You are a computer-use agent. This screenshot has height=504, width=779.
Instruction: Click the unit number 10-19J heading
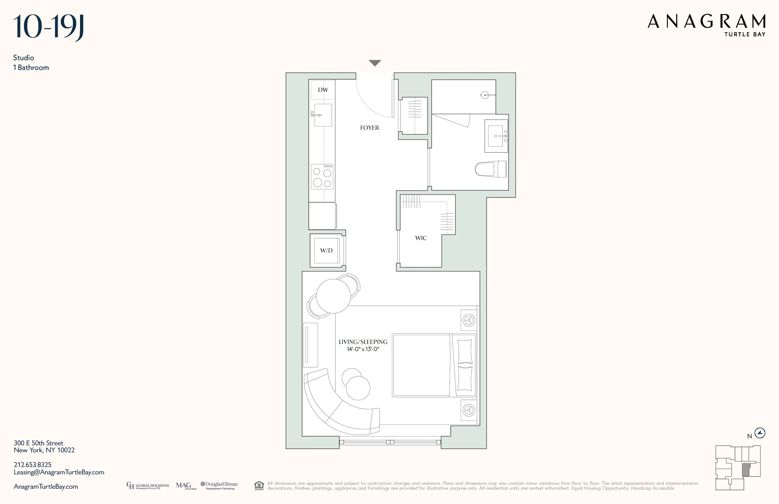pos(49,27)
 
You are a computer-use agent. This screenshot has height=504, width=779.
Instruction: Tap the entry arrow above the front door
pos(375,63)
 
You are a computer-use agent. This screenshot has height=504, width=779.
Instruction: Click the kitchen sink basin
pos(323,115)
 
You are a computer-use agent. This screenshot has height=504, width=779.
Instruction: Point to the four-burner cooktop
pos(322,177)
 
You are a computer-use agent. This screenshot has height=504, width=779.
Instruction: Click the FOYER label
pos(370,128)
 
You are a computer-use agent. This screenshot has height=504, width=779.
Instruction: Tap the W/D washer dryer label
pos(326,251)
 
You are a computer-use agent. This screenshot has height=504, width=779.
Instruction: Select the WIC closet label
pos(421,238)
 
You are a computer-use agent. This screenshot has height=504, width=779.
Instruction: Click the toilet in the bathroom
pos(491,169)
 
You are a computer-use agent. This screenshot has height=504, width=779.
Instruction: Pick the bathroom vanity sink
pos(496,136)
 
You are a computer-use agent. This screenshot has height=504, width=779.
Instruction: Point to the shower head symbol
pos(485,95)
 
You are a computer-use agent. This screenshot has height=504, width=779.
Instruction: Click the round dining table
pos(333,296)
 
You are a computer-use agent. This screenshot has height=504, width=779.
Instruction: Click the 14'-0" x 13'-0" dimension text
pos(363,349)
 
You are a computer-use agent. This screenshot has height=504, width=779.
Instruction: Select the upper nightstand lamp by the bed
pos(469,320)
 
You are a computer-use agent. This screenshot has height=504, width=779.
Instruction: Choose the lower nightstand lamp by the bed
pos(469,410)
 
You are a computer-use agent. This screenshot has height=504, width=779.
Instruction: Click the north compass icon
pos(760,433)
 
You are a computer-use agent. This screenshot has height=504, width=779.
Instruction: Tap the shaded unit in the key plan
pos(746,470)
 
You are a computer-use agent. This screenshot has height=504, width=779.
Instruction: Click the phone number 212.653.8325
pos(32,465)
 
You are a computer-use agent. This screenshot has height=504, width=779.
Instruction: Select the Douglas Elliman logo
pos(219,485)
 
